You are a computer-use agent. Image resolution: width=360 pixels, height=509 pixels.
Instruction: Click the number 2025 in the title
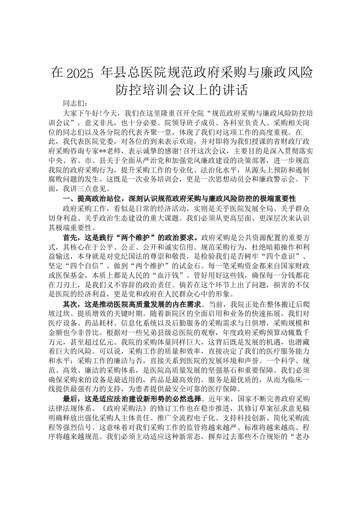coord(80,73)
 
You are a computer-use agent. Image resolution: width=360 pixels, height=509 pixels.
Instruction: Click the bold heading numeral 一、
coord(69,198)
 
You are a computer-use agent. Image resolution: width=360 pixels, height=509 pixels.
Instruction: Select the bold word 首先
coord(73,237)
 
